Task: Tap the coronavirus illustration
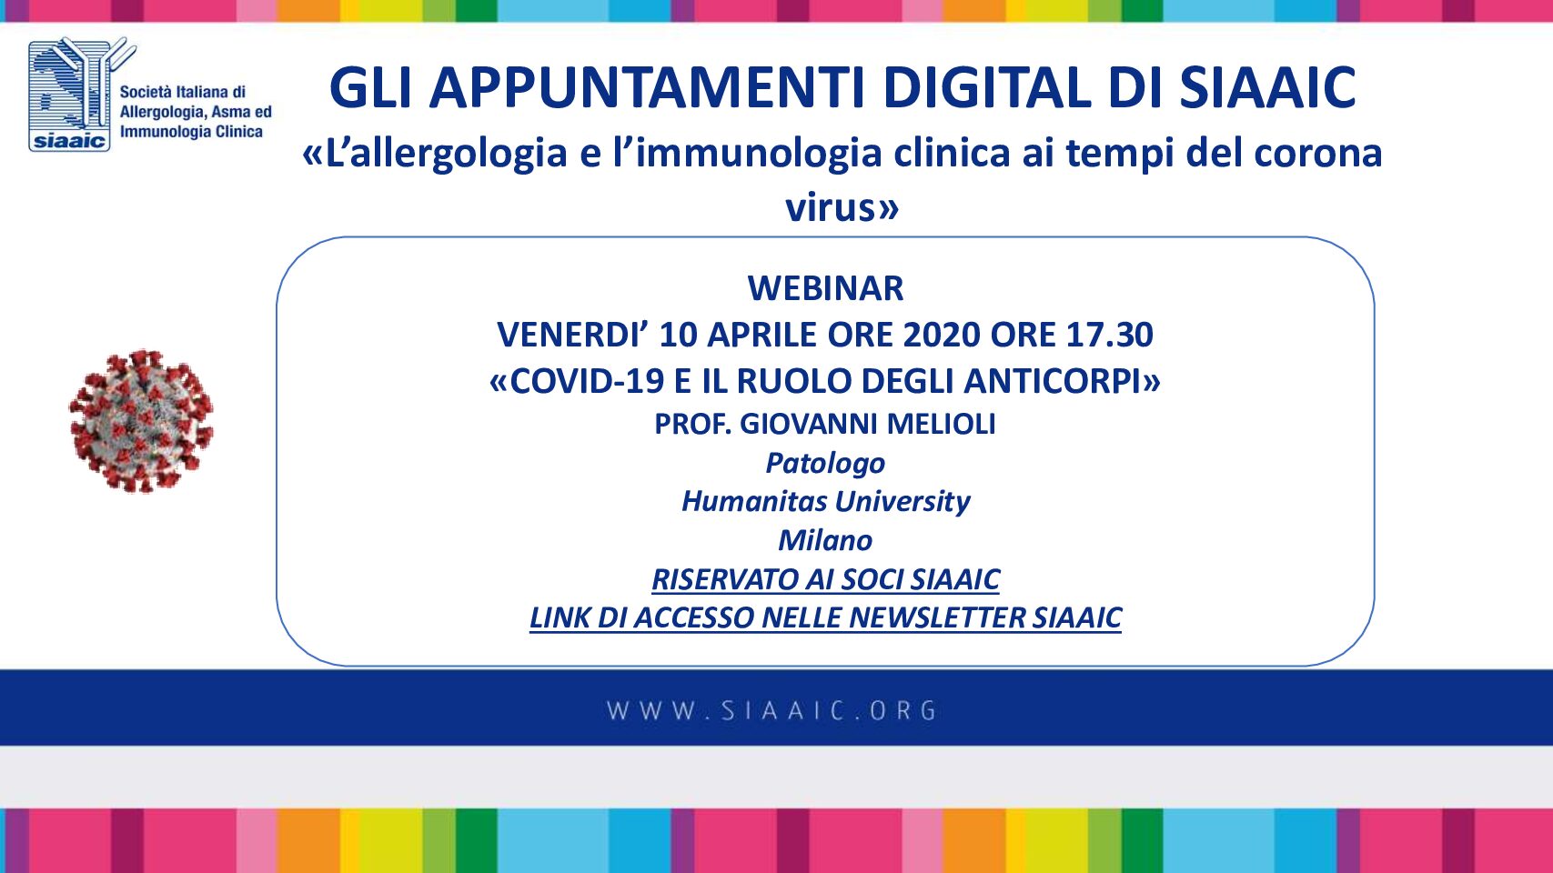(x=141, y=421)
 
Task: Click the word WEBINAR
(x=825, y=288)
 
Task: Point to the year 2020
(x=942, y=335)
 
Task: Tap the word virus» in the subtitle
(x=842, y=207)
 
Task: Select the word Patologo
(x=825, y=464)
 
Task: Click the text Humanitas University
(x=825, y=501)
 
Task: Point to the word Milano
(x=825, y=540)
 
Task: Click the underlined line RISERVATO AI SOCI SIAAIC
(x=825, y=579)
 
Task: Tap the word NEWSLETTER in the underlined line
(x=937, y=618)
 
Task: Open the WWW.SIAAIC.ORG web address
(x=771, y=711)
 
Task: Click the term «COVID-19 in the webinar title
(x=577, y=381)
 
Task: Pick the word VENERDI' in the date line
(x=572, y=335)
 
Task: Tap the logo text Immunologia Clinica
(x=191, y=132)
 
